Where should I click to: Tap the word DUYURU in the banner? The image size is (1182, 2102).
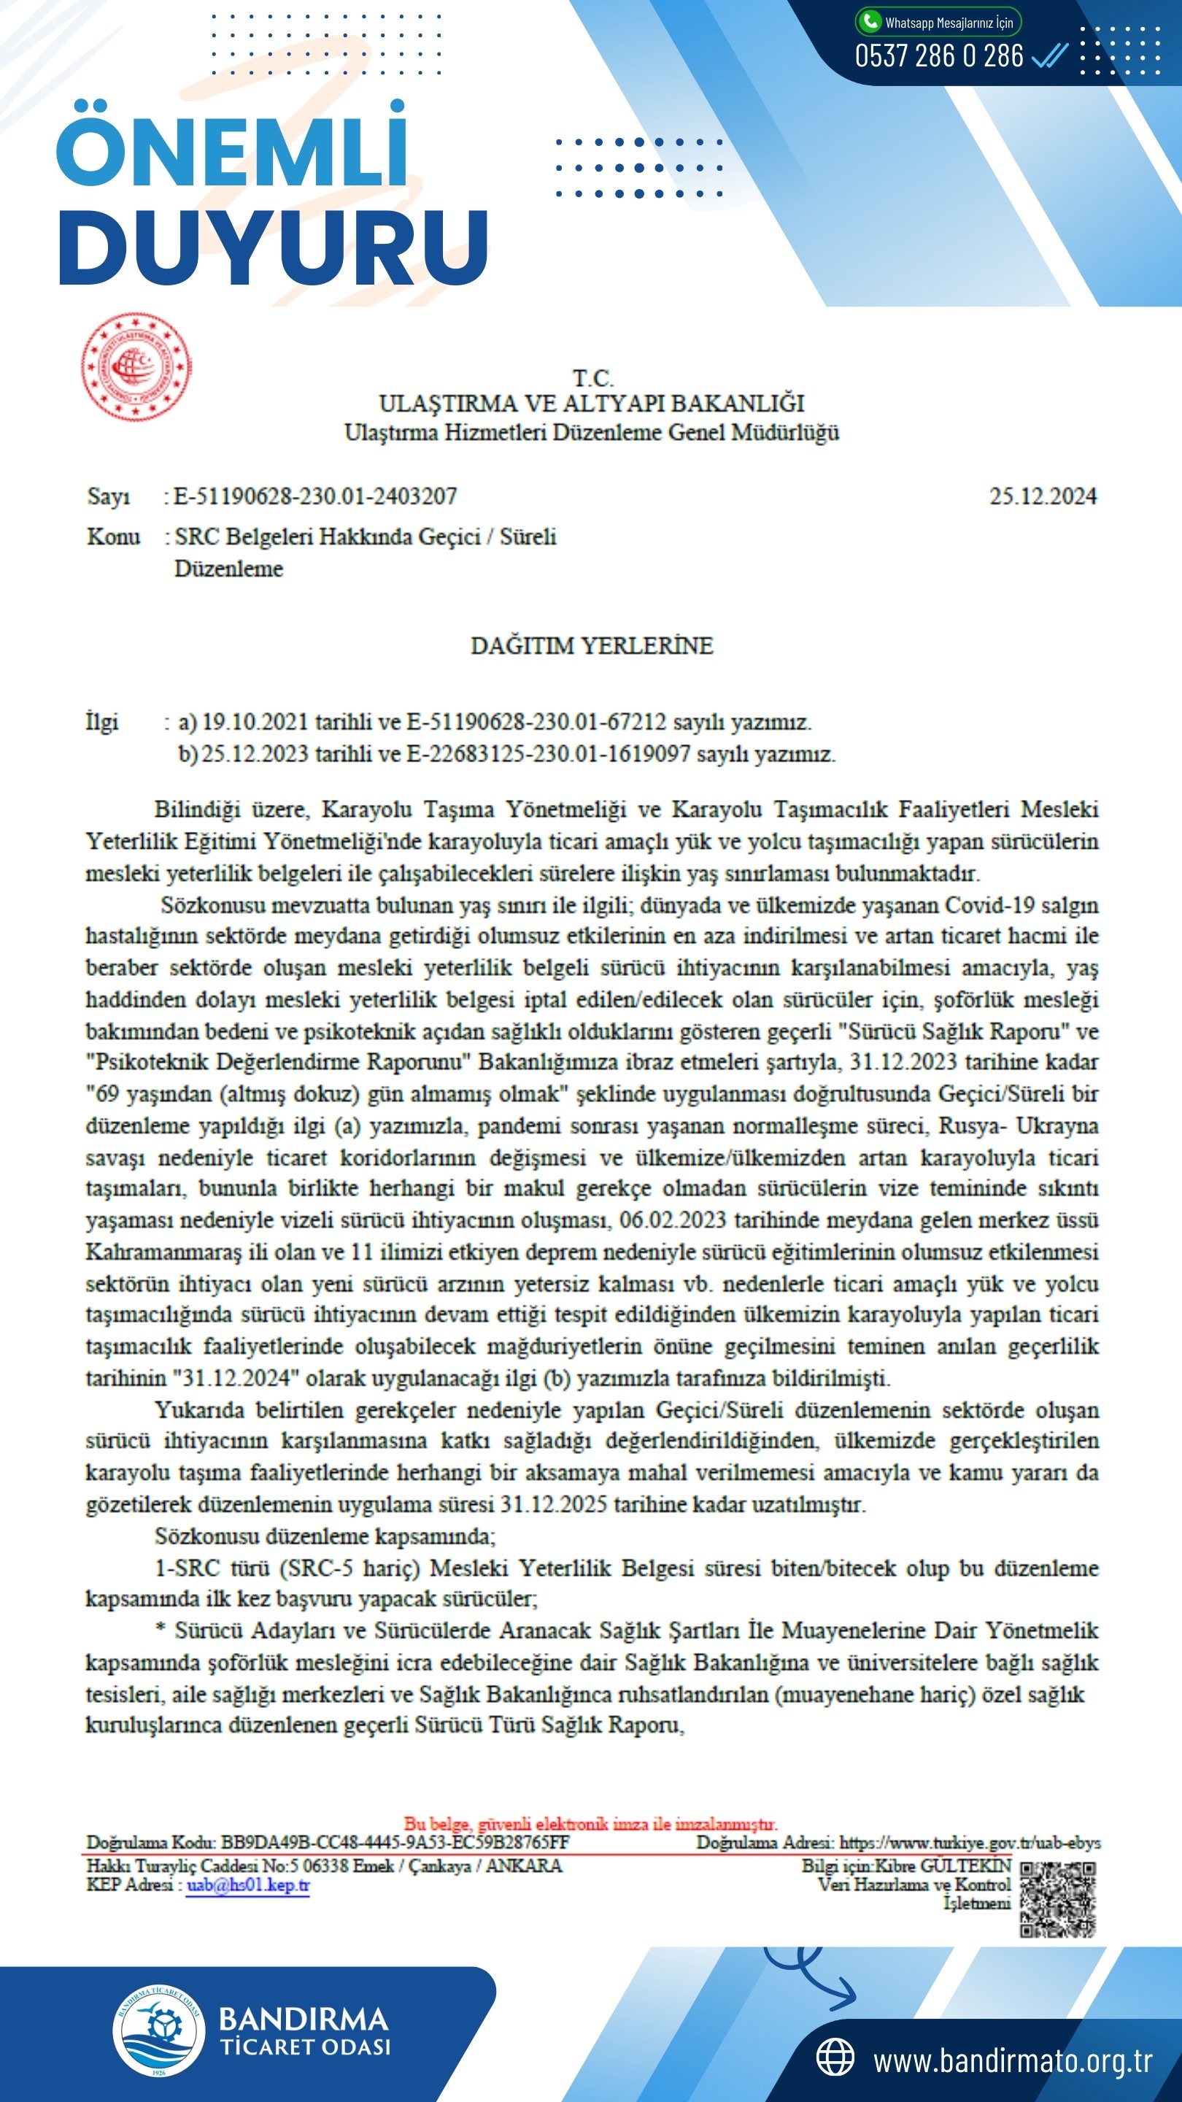[274, 248]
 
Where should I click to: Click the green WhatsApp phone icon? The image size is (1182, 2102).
[870, 21]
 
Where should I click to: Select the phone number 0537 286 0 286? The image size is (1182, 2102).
[939, 56]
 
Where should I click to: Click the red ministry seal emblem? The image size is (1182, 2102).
[136, 366]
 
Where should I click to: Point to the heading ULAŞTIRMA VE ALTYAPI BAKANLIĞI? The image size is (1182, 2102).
[592, 403]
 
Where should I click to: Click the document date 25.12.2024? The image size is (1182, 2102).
[1043, 496]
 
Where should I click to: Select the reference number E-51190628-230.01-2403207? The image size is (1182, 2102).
[315, 496]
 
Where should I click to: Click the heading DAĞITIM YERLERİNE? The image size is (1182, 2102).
[592, 645]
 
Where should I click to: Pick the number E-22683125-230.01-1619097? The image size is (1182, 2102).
[548, 754]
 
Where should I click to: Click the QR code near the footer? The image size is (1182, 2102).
[1057, 1899]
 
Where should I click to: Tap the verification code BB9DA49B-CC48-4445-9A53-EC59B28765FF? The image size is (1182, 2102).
[395, 1842]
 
